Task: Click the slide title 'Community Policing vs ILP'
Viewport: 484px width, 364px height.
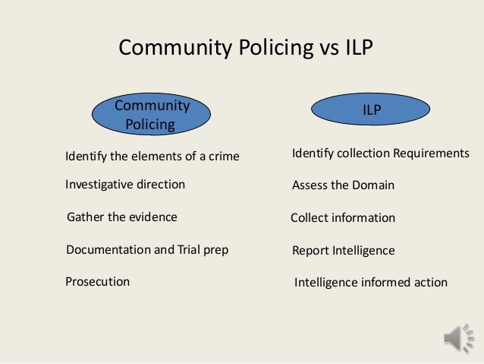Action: tap(247, 49)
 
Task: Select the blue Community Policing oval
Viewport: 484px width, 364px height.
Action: tap(151, 115)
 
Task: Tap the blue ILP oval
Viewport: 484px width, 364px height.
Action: tap(371, 110)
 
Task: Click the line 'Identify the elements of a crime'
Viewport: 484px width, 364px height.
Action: tap(152, 157)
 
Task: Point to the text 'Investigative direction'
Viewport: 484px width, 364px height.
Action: tap(125, 185)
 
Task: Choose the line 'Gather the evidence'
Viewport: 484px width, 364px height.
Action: tap(122, 217)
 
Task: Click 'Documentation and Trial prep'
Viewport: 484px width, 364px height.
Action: tap(147, 249)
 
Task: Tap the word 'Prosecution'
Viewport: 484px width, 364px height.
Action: tap(98, 282)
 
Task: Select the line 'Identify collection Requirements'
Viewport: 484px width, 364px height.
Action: tap(381, 154)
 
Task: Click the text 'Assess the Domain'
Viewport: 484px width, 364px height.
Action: tap(343, 185)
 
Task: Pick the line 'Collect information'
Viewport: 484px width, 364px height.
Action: tap(343, 218)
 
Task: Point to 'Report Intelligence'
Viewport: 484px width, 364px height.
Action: tap(343, 250)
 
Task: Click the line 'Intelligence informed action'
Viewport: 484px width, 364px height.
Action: tap(371, 283)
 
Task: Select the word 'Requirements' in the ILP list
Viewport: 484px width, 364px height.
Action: tap(431, 154)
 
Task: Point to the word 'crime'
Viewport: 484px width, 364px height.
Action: tap(222, 157)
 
